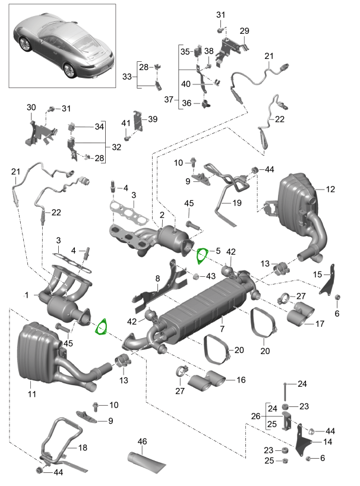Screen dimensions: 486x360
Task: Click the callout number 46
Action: (142, 441)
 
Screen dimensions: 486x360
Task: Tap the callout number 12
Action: (330, 190)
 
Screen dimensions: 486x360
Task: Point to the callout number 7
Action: (222, 329)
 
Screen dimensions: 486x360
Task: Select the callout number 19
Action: (236, 203)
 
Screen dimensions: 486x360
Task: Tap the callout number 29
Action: (245, 31)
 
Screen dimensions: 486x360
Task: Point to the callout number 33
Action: (127, 77)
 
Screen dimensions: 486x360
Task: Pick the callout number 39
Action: (152, 119)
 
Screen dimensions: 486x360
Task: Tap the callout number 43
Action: (211, 276)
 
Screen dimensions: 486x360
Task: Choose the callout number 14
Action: (327, 441)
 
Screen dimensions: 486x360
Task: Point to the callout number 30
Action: (31, 108)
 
